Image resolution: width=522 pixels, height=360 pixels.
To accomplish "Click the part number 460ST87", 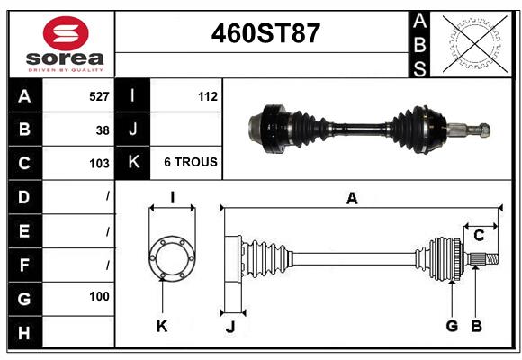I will tap(264, 33).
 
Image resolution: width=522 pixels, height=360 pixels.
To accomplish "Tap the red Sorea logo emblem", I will tap(66, 34).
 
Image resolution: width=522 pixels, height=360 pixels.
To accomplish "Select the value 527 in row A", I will tap(98, 95).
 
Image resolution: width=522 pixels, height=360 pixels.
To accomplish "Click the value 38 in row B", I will tap(103, 130).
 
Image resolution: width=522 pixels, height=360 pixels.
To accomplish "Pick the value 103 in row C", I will tap(99, 164).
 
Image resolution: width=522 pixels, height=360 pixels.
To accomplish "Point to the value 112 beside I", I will tap(208, 95).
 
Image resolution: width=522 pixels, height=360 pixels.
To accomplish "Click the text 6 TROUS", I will tap(190, 163).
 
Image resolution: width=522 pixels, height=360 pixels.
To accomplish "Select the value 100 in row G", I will tap(99, 296).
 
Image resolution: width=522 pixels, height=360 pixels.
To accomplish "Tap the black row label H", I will tap(23, 334).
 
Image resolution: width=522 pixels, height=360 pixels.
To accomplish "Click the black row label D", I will tap(23, 196).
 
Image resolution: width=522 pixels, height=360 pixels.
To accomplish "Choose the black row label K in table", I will tap(132, 163).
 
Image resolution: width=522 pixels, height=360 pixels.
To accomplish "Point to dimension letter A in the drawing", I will tap(352, 199).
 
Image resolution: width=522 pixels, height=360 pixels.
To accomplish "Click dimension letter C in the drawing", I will tap(479, 236).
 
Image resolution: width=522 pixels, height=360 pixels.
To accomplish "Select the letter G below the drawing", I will tap(452, 326).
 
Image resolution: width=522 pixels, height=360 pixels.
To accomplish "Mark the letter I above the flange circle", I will tap(171, 198).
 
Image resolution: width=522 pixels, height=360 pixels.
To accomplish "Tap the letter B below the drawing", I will tap(477, 326).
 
